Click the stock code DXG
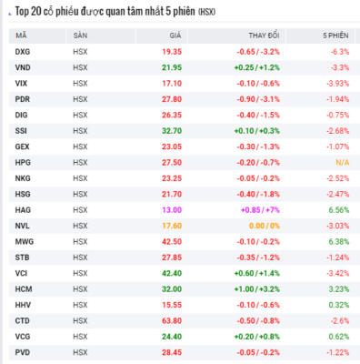click(23, 52)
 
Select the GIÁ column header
click(175, 35)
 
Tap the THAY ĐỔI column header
click(264, 35)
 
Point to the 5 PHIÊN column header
click(335, 35)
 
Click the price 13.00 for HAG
click(172, 210)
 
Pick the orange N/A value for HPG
click(343, 163)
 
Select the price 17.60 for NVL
click(172, 226)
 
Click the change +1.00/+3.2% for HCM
click(257, 289)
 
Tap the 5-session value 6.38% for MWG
click(339, 242)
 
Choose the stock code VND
click(23, 67)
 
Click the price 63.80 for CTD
click(172, 321)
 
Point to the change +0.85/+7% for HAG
click(260, 210)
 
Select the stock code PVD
click(23, 352)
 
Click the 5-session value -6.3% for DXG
click(340, 52)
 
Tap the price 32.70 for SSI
click(172, 131)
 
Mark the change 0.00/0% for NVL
click(265, 226)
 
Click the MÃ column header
click(21, 35)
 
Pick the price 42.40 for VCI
click(172, 273)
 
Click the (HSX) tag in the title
click(206, 12)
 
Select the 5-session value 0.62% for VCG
click(339, 337)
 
